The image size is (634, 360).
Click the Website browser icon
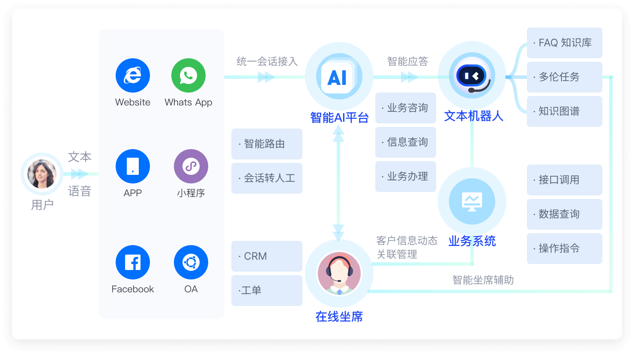pos(133,75)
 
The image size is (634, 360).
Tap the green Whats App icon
pos(188,75)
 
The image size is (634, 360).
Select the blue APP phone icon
pos(133,166)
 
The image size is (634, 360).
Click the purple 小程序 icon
pos(191,166)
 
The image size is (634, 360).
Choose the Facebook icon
pos(133,262)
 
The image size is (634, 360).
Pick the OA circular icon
pos(191,262)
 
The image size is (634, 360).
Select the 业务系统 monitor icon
pos(472,202)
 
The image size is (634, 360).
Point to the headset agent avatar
pos(339,273)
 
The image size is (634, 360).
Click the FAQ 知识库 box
pos(564,43)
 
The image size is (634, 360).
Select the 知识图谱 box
pos(564,111)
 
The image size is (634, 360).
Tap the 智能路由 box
pos(266,144)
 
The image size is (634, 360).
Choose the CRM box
pos(266,256)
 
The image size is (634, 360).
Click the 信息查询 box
pos(405,142)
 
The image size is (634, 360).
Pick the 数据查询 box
pos(564,214)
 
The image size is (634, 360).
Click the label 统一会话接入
pos(267,62)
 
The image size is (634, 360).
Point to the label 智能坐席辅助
pos(483,280)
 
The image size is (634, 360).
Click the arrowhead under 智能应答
pos(409,77)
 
